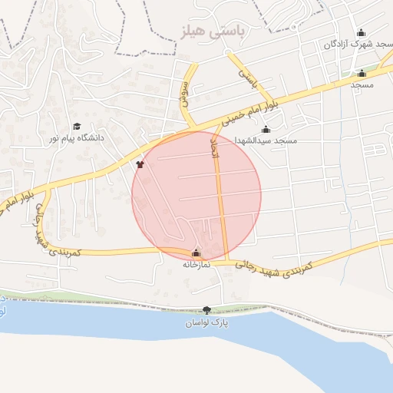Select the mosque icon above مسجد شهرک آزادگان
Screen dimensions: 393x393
(361, 32)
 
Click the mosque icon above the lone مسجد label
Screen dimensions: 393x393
(362, 74)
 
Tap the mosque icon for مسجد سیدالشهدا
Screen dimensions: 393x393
(266, 129)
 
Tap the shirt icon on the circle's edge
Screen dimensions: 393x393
(140, 163)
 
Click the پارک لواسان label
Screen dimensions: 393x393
(206, 323)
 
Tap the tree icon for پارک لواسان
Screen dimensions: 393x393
(206, 310)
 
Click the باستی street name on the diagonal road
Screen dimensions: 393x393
(246, 77)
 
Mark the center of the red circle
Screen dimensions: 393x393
(196, 195)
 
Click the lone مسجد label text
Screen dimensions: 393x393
(362, 85)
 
